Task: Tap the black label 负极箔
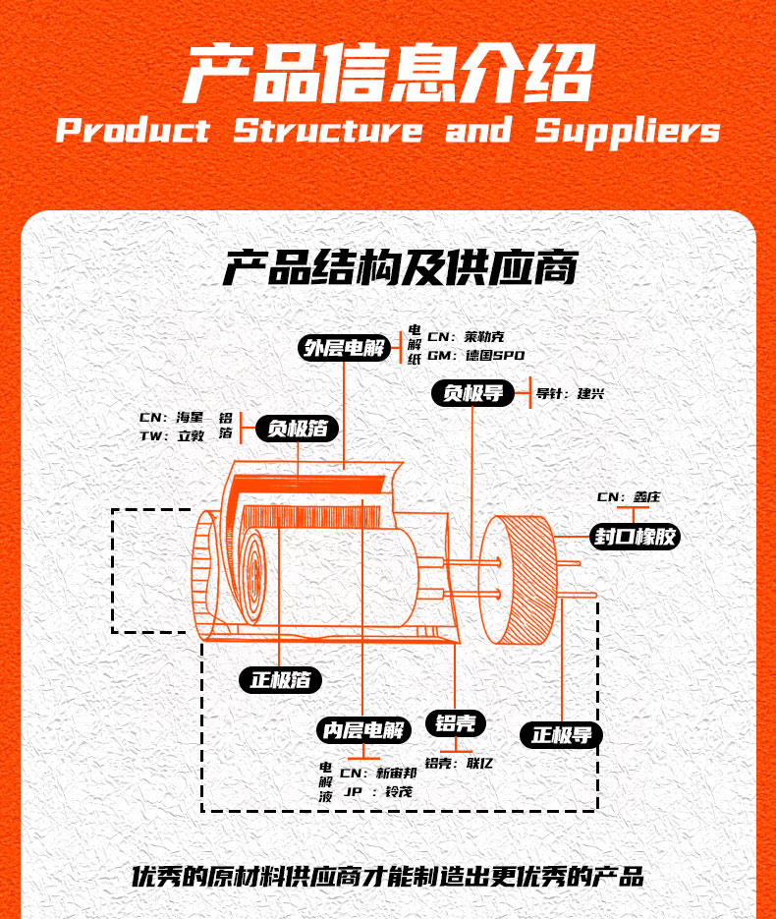[298, 429]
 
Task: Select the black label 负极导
[473, 393]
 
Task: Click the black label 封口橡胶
[635, 537]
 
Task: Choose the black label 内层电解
[363, 730]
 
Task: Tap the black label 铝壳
[456, 723]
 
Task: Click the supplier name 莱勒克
[485, 337]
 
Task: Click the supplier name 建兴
[591, 394]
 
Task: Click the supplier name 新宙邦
[397, 773]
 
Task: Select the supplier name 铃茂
[397, 792]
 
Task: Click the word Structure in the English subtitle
[327, 131]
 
